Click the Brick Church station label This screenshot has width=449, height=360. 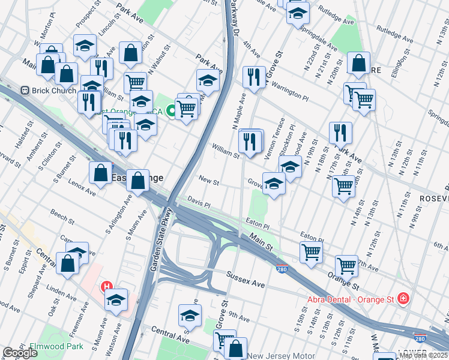pyautogui.click(x=54, y=91)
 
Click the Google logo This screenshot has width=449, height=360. pyautogui.click(x=20, y=353)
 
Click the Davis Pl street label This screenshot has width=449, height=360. pyautogui.click(x=199, y=202)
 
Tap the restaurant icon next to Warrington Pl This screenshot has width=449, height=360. pyautogui.click(x=254, y=77)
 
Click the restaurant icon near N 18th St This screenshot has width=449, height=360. pyautogui.click(x=340, y=133)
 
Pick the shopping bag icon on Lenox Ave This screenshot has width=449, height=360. pyautogui.click(x=100, y=173)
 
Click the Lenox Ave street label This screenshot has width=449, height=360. pyautogui.click(x=82, y=187)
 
